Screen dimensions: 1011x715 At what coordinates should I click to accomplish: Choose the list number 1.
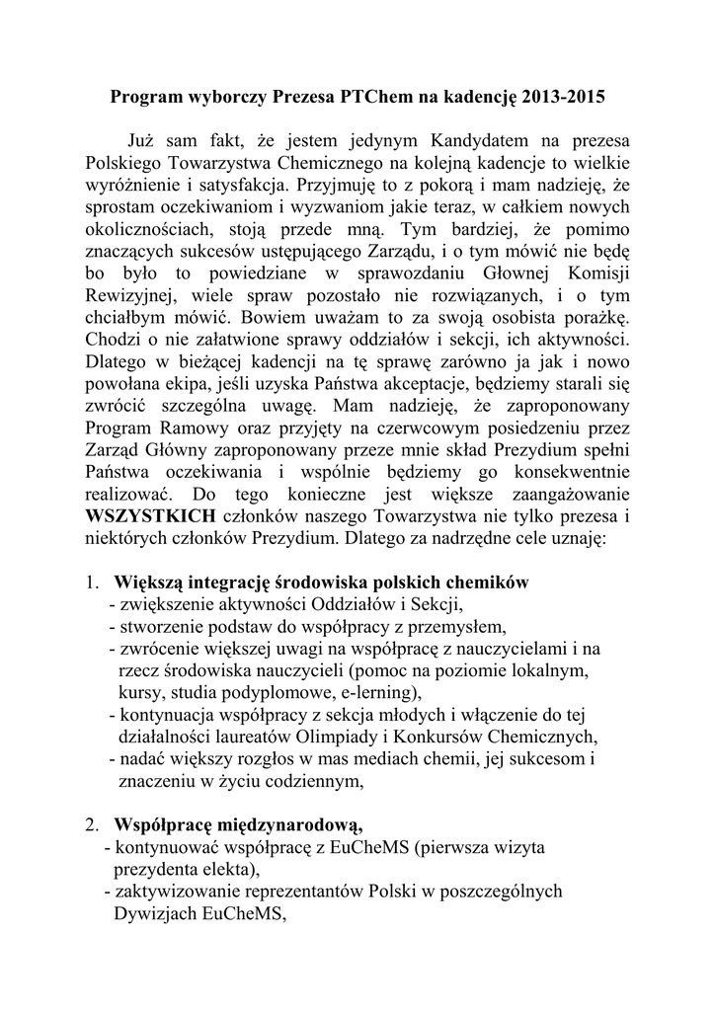(90, 583)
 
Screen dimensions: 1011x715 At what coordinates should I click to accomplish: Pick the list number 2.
(90, 822)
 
